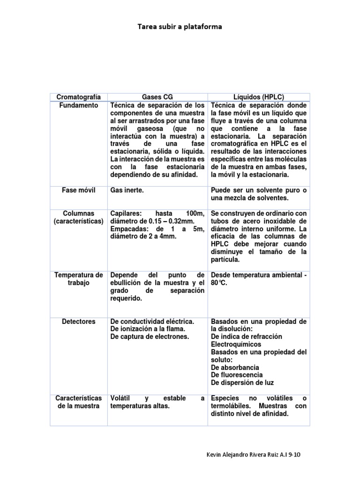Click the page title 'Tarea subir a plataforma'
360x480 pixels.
tap(180, 27)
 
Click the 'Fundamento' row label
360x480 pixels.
tap(78, 105)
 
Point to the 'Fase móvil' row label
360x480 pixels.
tap(78, 191)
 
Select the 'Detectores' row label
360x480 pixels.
tap(78, 322)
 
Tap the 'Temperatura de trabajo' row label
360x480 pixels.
tap(78, 279)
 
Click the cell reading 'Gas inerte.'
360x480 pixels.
tap(127, 191)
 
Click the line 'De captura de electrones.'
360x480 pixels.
tap(149, 337)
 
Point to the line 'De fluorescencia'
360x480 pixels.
tap(237, 375)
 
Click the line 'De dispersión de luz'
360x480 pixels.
tap(241, 382)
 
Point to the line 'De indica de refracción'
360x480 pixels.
tap(247, 337)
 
